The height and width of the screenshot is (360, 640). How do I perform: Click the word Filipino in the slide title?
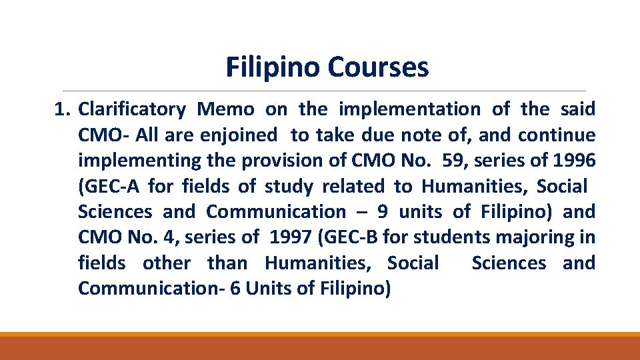click(273, 67)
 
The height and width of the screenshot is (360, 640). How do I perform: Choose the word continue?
click(557, 135)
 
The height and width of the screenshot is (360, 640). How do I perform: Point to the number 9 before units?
click(382, 212)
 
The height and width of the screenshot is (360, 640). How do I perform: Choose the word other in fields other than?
click(167, 263)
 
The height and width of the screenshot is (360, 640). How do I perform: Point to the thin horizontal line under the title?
click(323, 91)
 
